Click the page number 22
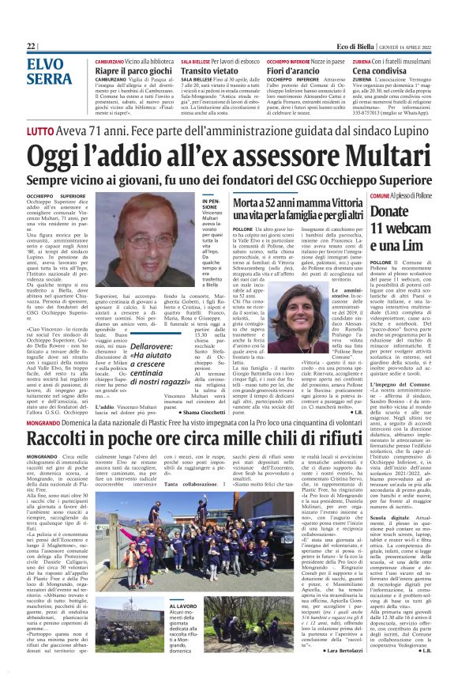[31, 47]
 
